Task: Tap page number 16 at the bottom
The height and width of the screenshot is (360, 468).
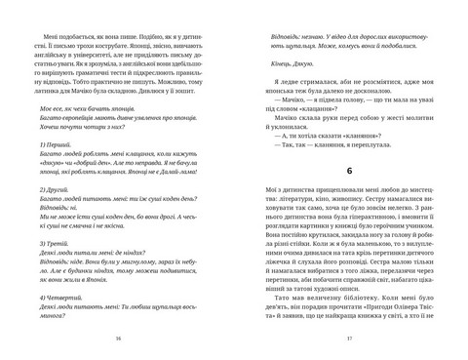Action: (118, 339)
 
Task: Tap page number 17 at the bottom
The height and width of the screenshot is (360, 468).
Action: (349, 339)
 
